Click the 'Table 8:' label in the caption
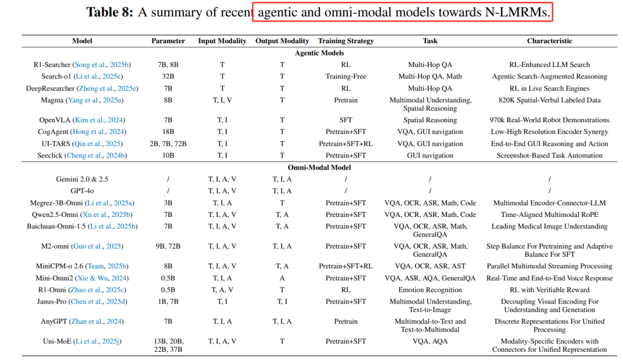tap(110, 12)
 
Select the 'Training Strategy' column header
tap(346, 41)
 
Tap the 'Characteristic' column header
tap(549, 41)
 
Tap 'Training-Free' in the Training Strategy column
tap(346, 76)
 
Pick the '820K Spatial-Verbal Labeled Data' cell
tap(549, 100)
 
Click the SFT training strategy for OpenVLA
tap(346, 120)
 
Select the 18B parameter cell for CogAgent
tap(168, 132)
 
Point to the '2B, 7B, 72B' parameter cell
tap(168, 144)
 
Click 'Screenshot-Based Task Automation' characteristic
tap(549, 155)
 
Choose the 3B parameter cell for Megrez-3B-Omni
tap(168, 203)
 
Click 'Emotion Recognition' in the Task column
tap(430, 290)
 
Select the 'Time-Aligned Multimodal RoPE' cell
tap(549, 215)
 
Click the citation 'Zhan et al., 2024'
tap(99, 321)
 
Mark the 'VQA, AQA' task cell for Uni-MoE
tap(430, 341)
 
